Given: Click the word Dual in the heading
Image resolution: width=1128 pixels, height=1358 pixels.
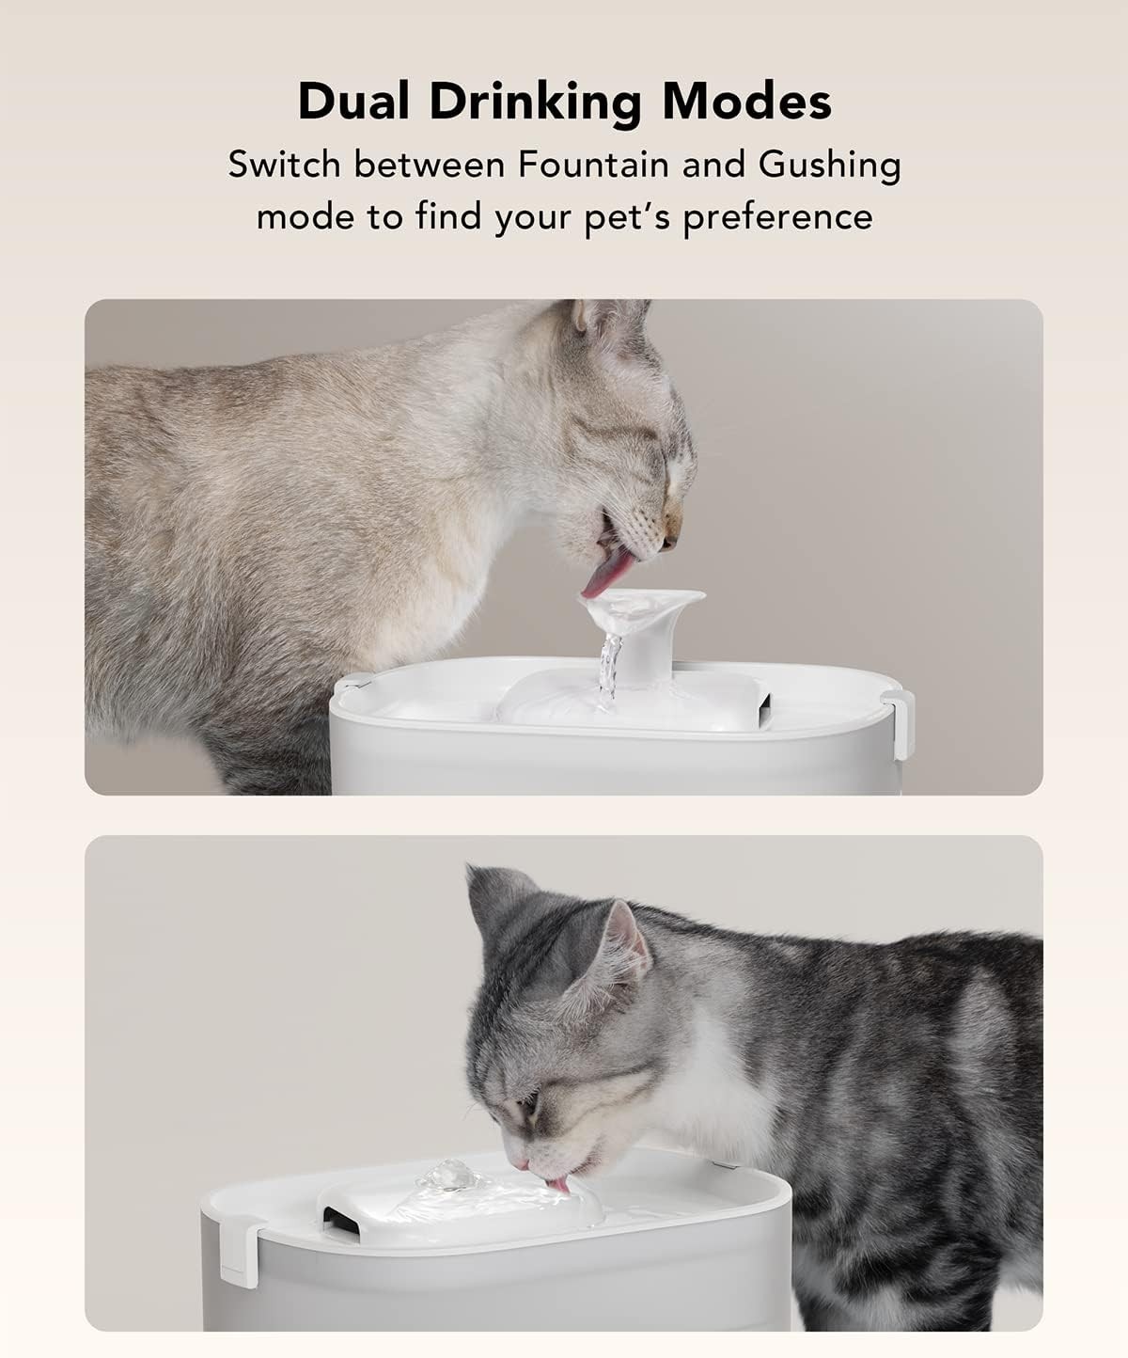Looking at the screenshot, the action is pos(353,102).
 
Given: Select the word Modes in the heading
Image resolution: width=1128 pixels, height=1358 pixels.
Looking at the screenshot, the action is pos(747,102).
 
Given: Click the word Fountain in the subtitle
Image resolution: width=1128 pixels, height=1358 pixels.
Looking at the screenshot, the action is pos(593,165).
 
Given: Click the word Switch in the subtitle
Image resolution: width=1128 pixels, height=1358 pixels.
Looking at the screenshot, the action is pos(284,165).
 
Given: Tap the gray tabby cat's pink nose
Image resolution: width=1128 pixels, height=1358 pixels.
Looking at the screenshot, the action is pos(520,1163).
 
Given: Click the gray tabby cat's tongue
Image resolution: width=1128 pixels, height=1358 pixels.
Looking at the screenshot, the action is pos(559,1184).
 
